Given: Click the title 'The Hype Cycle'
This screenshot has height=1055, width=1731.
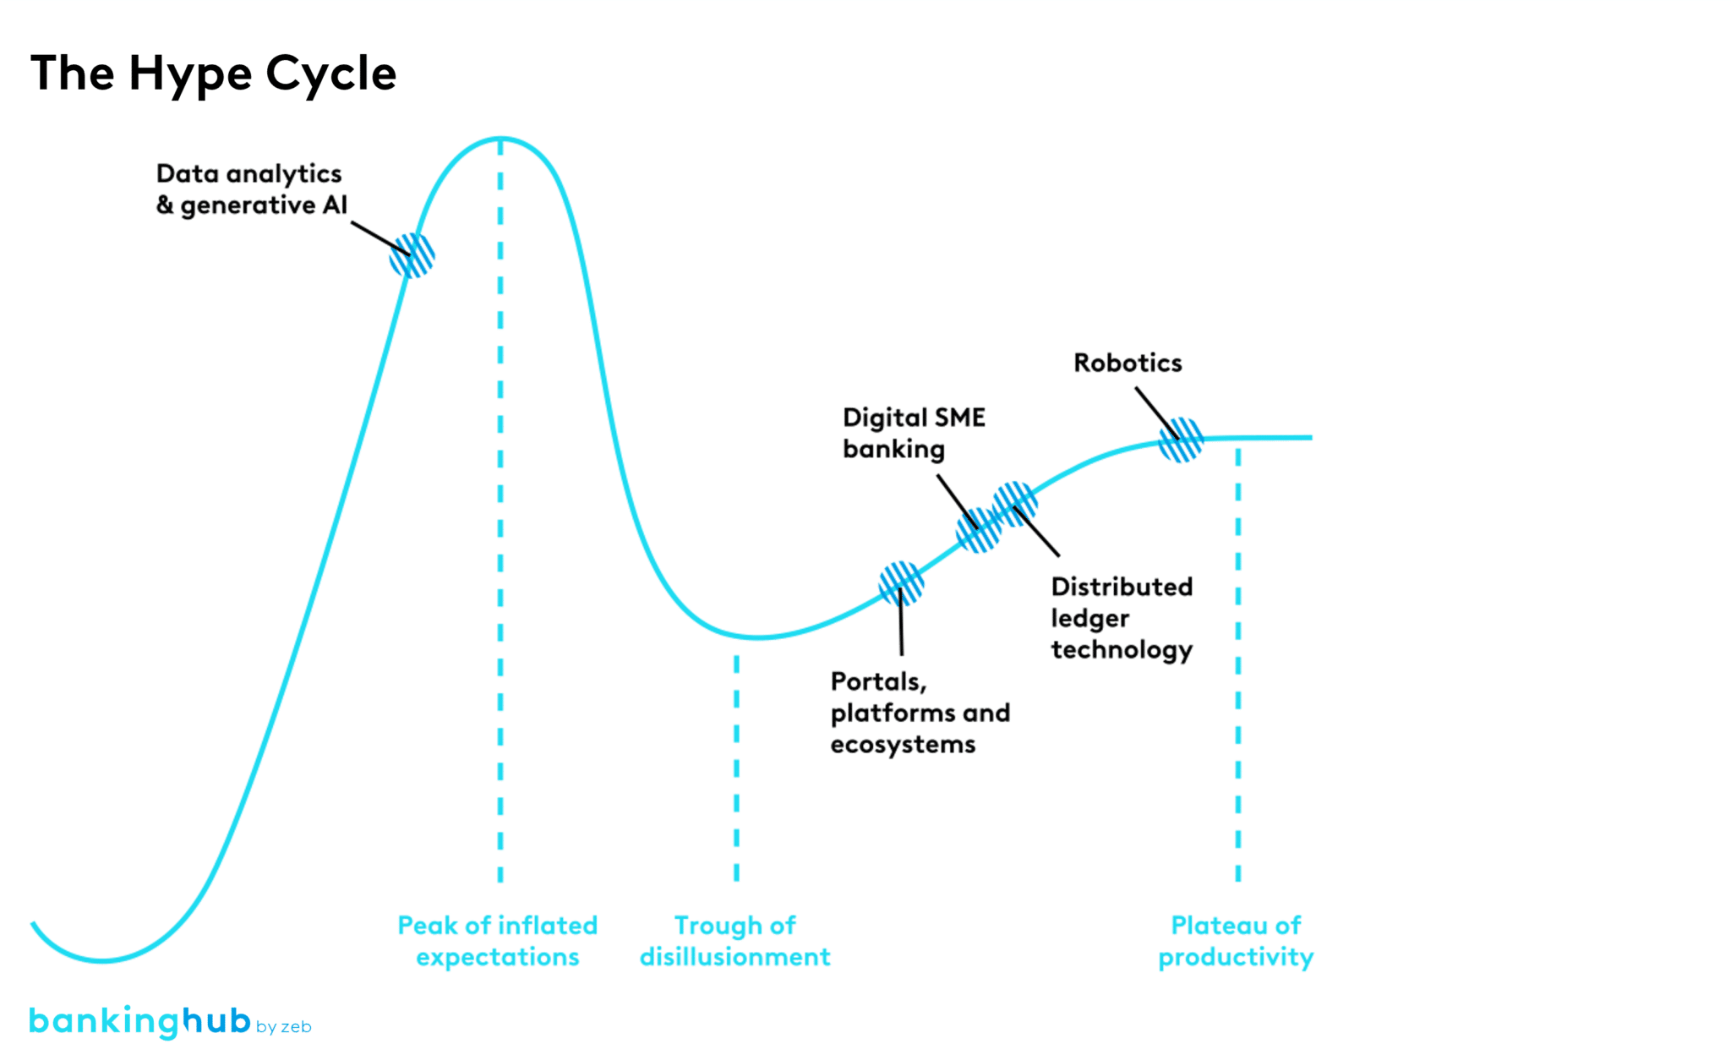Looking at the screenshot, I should click(213, 73).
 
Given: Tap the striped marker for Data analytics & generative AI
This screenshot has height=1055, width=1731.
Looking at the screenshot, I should click(412, 255).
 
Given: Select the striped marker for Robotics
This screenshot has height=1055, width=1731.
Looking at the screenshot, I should click(1181, 440).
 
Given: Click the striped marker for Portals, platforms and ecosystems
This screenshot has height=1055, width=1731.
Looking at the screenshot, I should click(901, 583).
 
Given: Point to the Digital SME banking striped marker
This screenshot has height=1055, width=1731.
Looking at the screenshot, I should click(979, 530).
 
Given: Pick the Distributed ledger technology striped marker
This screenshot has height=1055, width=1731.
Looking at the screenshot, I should click(1015, 504).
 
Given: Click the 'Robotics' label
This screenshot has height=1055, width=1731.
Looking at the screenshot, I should click(1128, 363).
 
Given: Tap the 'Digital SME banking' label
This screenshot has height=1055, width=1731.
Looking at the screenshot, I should click(914, 433).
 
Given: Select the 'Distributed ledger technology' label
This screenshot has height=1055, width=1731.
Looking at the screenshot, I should click(1122, 618).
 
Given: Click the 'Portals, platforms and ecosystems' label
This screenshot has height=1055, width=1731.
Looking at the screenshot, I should click(920, 713).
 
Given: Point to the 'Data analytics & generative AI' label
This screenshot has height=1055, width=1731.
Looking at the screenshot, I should click(251, 189).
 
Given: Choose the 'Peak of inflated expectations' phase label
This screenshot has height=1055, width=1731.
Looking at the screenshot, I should click(498, 941).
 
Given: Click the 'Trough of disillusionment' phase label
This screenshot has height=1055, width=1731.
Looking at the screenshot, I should click(734, 941).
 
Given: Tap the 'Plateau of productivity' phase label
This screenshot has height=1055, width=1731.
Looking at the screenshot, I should click(1236, 941).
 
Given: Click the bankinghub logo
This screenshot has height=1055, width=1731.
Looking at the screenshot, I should click(140, 1021).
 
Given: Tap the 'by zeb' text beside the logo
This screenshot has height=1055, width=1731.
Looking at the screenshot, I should click(284, 1027).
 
